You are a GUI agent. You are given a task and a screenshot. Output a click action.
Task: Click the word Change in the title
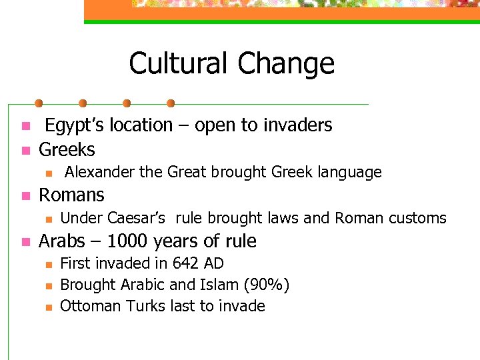[286, 64]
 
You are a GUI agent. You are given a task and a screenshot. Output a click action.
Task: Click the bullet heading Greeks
[67, 149]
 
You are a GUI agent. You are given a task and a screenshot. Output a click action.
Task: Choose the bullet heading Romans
[72, 195]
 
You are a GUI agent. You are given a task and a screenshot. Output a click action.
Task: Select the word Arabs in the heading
[62, 241]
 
